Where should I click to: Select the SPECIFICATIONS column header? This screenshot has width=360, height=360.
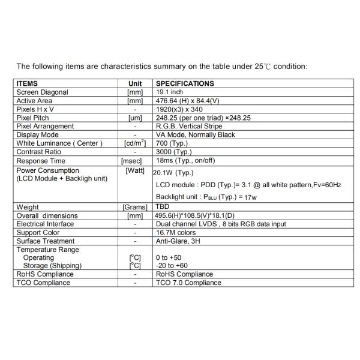[x=185, y=84]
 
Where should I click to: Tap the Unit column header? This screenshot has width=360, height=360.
[x=135, y=84]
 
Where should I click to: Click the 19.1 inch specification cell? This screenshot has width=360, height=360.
[x=169, y=92]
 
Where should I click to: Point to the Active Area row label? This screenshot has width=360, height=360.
[x=35, y=101]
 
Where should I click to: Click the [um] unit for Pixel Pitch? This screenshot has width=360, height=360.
[x=135, y=118]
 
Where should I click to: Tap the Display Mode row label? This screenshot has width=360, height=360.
[x=37, y=135]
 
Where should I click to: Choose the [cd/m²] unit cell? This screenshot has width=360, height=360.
[x=135, y=143]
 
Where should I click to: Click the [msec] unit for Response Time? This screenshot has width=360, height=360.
[x=135, y=161]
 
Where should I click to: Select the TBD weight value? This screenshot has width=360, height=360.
[x=163, y=207]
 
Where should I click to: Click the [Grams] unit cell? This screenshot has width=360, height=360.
[x=135, y=207]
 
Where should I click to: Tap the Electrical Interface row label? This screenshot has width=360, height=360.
[x=45, y=224]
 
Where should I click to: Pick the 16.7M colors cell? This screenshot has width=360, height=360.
[x=176, y=232]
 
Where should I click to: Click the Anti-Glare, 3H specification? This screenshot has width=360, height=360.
[x=178, y=241]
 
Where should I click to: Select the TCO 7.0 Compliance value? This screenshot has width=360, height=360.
[x=188, y=283]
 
